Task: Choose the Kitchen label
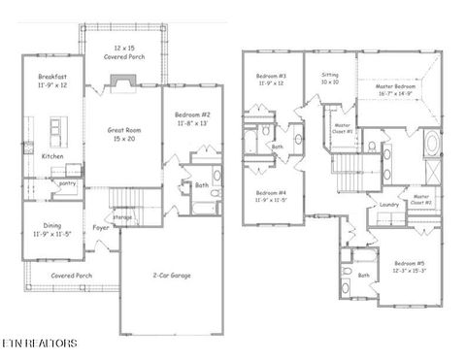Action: pos(52,156)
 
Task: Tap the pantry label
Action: pos(67,181)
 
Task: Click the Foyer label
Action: pos(100,228)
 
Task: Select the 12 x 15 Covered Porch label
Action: pos(123,52)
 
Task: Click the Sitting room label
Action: pos(332,78)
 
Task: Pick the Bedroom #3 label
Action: pos(270,80)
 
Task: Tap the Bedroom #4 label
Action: pos(270,196)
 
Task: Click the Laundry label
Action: pos(389,204)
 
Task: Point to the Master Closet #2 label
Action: pos(421,199)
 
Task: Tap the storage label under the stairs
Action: pos(121,217)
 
